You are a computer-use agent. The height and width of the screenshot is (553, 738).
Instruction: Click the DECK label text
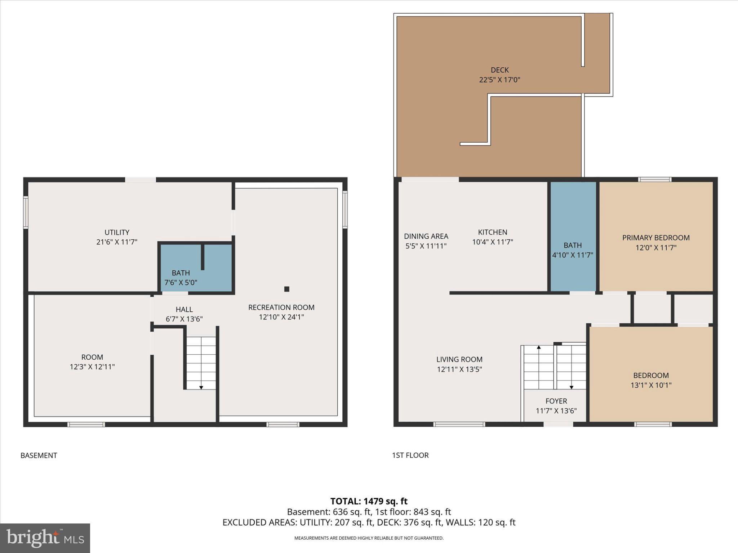[x=499, y=70]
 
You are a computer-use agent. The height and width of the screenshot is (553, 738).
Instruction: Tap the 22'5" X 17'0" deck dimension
[x=499, y=80]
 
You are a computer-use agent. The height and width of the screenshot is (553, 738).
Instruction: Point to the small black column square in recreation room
[x=287, y=289]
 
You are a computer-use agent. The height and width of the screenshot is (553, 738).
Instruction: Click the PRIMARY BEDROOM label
[x=656, y=238]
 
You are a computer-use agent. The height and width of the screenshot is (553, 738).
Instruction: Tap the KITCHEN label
[x=492, y=232]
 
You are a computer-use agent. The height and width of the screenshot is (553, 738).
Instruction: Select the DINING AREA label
[x=426, y=236]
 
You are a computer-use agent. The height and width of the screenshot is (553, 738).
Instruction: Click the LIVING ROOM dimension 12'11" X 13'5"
[x=459, y=369]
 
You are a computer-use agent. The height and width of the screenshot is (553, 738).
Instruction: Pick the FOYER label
[x=556, y=401]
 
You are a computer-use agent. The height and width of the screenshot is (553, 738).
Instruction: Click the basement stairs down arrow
[x=201, y=387]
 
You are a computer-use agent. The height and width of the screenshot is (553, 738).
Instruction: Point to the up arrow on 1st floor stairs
[x=539, y=347]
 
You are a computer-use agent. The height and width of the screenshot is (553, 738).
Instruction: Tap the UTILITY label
[x=117, y=232]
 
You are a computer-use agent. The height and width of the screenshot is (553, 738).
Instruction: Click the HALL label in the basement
[x=184, y=309]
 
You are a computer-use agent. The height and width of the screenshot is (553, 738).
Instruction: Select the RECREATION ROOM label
[x=281, y=307]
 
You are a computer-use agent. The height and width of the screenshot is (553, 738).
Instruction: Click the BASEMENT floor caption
[x=39, y=455]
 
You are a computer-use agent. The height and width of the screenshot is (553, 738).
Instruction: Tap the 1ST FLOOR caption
[x=410, y=455]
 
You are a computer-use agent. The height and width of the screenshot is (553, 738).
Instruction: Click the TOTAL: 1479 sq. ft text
[x=369, y=501]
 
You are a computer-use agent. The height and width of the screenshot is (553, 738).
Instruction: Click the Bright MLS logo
[x=45, y=538]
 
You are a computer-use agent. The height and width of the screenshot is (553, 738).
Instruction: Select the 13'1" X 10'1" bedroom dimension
[x=651, y=385]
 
